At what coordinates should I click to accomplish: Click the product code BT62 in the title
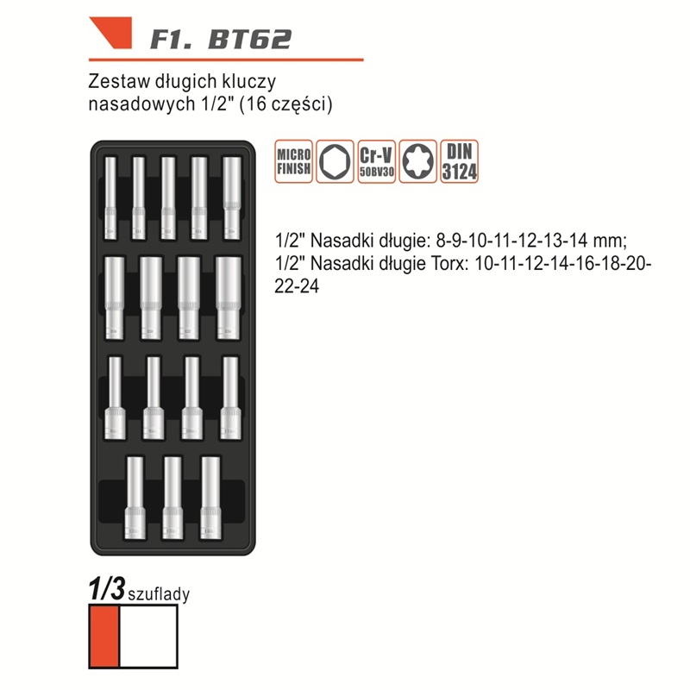[x=249, y=39]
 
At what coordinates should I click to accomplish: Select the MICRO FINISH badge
[x=293, y=161]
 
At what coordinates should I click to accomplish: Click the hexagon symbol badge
[x=335, y=161]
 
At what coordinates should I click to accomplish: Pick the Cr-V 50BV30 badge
[x=376, y=161]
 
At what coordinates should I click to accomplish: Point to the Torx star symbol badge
[x=417, y=161]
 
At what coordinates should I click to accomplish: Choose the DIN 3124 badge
[x=459, y=161]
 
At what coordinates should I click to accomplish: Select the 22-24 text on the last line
[x=297, y=286]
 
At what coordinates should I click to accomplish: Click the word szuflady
[x=159, y=594]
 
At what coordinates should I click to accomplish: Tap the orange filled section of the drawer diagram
[x=104, y=637]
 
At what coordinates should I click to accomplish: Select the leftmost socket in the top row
[x=110, y=198]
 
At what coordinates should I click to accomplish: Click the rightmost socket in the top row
[x=232, y=198]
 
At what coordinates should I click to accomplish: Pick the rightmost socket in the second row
[x=229, y=298]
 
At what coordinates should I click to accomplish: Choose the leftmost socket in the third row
[x=115, y=398]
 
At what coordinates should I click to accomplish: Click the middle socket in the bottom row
[x=172, y=498]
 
